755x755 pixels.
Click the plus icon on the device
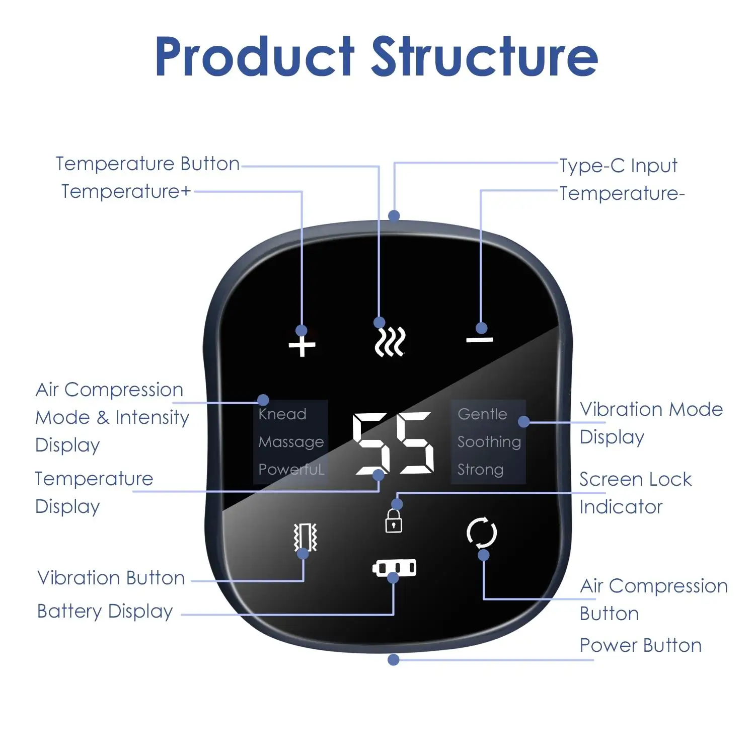pyautogui.click(x=302, y=346)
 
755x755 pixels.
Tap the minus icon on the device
pyautogui.click(x=480, y=340)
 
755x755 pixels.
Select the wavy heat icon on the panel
pyautogui.click(x=391, y=342)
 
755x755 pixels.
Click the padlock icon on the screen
pyautogui.click(x=394, y=521)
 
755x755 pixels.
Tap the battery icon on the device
pyautogui.click(x=395, y=568)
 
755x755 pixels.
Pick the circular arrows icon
pyautogui.click(x=482, y=533)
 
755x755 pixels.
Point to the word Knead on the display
pyautogui.click(x=282, y=414)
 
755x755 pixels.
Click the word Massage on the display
pyautogui.click(x=291, y=442)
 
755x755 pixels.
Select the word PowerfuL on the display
pyautogui.click(x=291, y=470)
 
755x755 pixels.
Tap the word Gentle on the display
pyautogui.click(x=482, y=414)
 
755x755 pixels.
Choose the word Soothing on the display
pyautogui.click(x=489, y=442)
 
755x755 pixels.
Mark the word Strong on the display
pyautogui.click(x=480, y=470)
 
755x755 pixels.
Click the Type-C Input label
pyautogui.click(x=618, y=166)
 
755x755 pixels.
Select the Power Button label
pyautogui.click(x=640, y=645)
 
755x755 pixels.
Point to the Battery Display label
pyautogui.click(x=105, y=611)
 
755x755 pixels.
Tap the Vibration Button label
pyautogui.click(x=111, y=578)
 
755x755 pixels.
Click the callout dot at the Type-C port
pyautogui.click(x=394, y=216)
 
